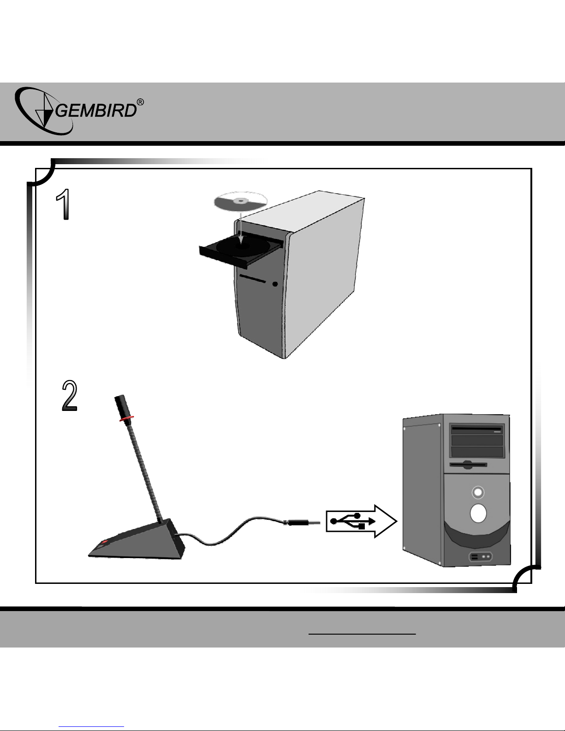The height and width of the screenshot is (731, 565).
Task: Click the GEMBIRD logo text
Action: [96, 110]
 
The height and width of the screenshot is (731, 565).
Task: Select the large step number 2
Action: [70, 396]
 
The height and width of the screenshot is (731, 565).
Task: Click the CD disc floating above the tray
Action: [241, 202]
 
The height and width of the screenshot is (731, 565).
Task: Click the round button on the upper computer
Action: [275, 284]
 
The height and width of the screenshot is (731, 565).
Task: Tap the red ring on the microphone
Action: [126, 418]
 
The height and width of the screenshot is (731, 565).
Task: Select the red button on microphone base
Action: [104, 542]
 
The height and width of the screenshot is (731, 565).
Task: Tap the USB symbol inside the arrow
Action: [353, 521]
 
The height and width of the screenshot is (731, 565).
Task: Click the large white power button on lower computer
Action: [478, 513]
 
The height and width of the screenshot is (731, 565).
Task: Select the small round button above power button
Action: [478, 493]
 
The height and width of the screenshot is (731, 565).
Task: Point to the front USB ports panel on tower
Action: [481, 557]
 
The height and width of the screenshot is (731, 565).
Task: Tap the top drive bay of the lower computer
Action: [476, 429]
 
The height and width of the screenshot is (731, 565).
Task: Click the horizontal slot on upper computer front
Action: [253, 279]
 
